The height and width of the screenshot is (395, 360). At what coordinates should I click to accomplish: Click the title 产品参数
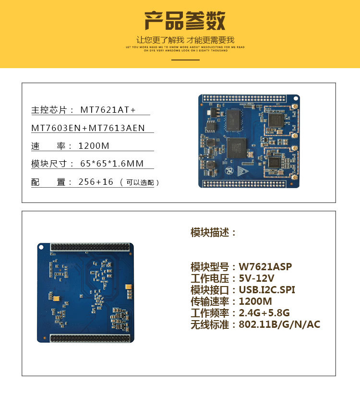click(x=185, y=21)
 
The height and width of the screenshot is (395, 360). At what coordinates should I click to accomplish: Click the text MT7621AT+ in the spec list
click(x=108, y=110)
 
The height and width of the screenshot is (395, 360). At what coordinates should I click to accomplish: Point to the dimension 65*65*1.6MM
click(x=112, y=164)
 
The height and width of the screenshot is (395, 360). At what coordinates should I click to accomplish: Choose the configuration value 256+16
click(x=96, y=182)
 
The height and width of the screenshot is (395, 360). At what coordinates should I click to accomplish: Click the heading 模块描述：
click(x=214, y=233)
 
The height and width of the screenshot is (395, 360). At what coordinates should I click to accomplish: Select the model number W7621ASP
click(x=265, y=267)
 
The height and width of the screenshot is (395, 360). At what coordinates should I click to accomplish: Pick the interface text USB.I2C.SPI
click(x=267, y=290)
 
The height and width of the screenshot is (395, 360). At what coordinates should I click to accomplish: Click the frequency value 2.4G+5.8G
click(x=264, y=313)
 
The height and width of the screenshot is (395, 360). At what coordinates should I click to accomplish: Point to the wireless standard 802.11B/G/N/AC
click(x=279, y=324)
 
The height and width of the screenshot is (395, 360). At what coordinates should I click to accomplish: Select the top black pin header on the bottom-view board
click(x=90, y=247)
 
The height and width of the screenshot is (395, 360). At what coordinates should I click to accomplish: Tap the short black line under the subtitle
click(x=185, y=60)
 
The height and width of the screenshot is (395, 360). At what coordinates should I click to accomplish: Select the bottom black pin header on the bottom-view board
click(x=90, y=338)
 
